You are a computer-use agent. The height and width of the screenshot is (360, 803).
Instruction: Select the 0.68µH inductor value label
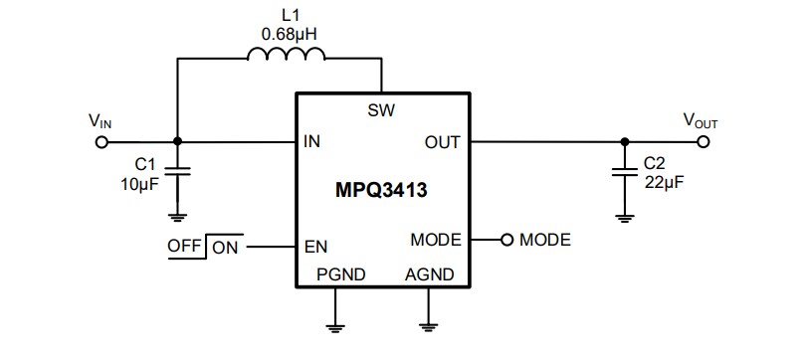pos(290,35)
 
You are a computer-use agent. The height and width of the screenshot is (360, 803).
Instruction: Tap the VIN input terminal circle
pos(100,141)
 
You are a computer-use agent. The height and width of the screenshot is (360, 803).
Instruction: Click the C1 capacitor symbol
pos(177,170)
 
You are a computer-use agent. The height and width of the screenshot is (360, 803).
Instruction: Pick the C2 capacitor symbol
pos(624,170)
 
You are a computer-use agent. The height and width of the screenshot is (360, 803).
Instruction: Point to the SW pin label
pos(382,110)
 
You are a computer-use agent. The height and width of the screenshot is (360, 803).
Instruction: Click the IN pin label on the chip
pos(312,142)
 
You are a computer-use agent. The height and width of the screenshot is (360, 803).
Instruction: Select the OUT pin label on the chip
pos(442,142)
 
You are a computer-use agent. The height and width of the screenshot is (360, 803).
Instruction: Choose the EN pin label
pos(316,242)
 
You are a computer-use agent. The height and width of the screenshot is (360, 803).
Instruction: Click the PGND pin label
pos(338,273)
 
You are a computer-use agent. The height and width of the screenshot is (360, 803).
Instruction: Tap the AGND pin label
pos(429,273)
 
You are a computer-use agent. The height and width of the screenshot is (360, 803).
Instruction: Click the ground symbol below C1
pos(177,213)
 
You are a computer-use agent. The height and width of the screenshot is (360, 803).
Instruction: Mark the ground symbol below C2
pos(624,213)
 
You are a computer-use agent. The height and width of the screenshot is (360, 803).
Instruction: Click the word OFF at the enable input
pos(186,244)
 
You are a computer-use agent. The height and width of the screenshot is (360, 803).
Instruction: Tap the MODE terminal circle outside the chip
pos(505,241)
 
